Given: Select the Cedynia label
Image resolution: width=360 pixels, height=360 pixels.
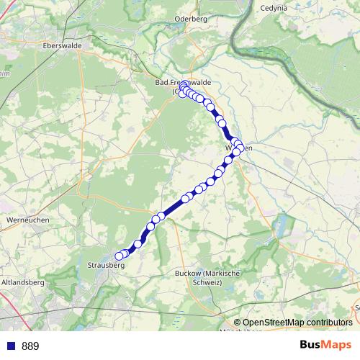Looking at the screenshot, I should (270, 8).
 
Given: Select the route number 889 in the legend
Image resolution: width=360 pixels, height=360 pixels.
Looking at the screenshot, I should (30, 346).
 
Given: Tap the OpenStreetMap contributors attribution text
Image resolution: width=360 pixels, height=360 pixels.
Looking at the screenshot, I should (297, 323).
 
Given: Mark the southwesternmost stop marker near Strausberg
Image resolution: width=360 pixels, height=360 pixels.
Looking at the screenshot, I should (120, 256).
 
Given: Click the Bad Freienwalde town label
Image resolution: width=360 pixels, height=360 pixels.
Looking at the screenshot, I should (173, 83).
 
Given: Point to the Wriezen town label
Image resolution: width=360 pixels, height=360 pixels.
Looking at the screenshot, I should (238, 147).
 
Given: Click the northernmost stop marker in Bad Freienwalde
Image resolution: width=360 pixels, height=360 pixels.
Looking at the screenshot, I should (184, 84).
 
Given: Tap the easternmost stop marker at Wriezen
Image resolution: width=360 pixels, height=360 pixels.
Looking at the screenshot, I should (240, 148).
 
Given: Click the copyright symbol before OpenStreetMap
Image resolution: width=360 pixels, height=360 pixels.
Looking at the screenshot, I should (238, 323).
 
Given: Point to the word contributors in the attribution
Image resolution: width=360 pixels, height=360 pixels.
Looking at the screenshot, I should (329, 323).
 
